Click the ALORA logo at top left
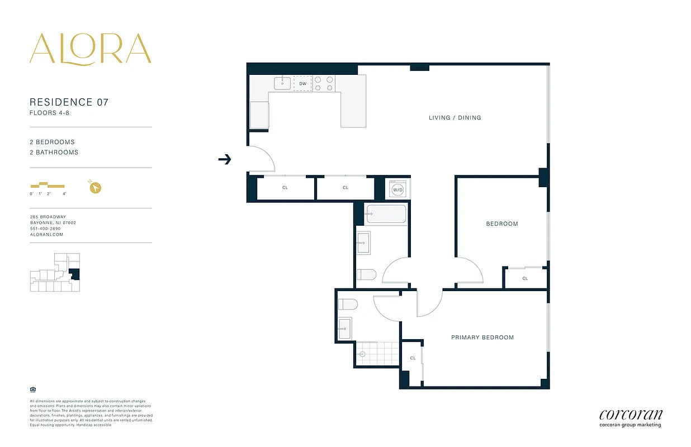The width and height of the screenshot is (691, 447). pos(90,49)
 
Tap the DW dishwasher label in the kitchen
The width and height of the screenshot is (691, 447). pos(302,84)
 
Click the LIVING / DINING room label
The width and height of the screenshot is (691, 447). pos(455,118)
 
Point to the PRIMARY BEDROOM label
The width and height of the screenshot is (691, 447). pos(482,337)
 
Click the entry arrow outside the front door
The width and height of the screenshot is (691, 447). pos(224,160)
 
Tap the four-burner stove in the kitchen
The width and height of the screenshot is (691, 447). pos(323,84)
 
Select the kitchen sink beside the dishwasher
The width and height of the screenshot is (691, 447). pos(283,84)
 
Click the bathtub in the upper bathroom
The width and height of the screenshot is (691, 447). pos(386,213)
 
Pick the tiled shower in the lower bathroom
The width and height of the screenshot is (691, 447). pos(377,354)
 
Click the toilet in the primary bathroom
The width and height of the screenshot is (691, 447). pos(348,305)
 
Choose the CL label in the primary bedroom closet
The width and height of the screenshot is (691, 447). pos(413,358)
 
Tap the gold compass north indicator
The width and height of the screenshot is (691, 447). pos(95,187)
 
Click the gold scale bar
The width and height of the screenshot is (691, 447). pos(48,186)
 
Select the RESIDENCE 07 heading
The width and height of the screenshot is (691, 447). pos(69,102)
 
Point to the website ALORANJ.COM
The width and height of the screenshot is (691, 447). pos(46,235)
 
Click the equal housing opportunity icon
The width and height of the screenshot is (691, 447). pos(32,389)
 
